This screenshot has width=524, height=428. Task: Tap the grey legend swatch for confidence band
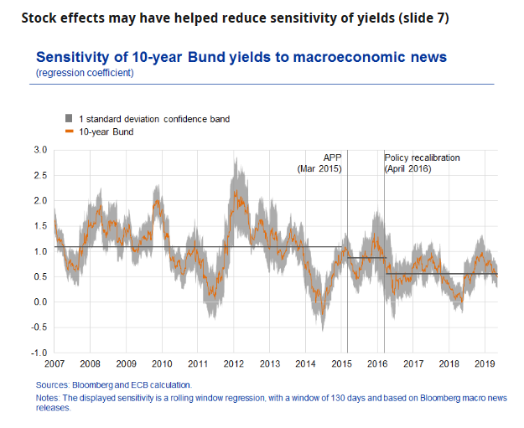(68, 119)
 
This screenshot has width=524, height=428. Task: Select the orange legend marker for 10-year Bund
(68, 131)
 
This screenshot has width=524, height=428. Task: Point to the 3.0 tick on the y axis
(40, 150)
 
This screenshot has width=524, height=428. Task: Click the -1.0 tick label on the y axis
(39, 353)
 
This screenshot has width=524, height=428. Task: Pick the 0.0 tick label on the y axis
(40, 302)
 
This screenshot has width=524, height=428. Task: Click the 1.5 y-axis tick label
(40, 226)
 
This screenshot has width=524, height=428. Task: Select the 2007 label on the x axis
(54, 364)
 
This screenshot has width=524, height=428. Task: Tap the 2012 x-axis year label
(233, 364)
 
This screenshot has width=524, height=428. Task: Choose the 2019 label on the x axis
(484, 364)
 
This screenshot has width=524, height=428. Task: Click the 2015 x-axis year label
(340, 364)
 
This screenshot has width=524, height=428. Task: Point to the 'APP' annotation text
(333, 157)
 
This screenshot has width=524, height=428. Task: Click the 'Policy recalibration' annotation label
(423, 157)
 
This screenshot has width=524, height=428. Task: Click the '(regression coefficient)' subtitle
(85, 74)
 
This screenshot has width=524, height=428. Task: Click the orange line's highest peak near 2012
(236, 191)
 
